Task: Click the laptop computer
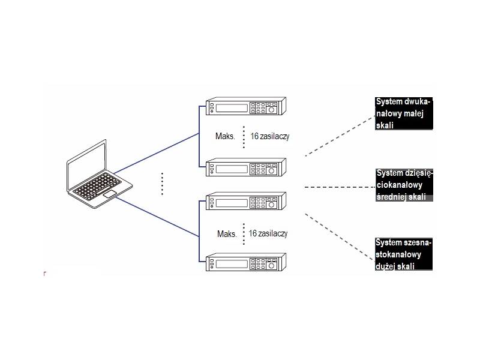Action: tap(92, 178)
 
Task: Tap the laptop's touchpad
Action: tap(110, 195)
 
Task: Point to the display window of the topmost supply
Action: tap(231, 109)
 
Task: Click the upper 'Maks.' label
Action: tap(226, 137)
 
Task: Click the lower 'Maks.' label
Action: tap(227, 234)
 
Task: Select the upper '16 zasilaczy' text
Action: tap(270, 137)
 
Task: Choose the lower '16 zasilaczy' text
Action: tap(268, 233)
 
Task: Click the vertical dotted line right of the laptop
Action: tap(162, 184)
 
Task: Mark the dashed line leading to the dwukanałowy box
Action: tap(339, 134)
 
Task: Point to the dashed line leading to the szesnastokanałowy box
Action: tap(339, 235)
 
